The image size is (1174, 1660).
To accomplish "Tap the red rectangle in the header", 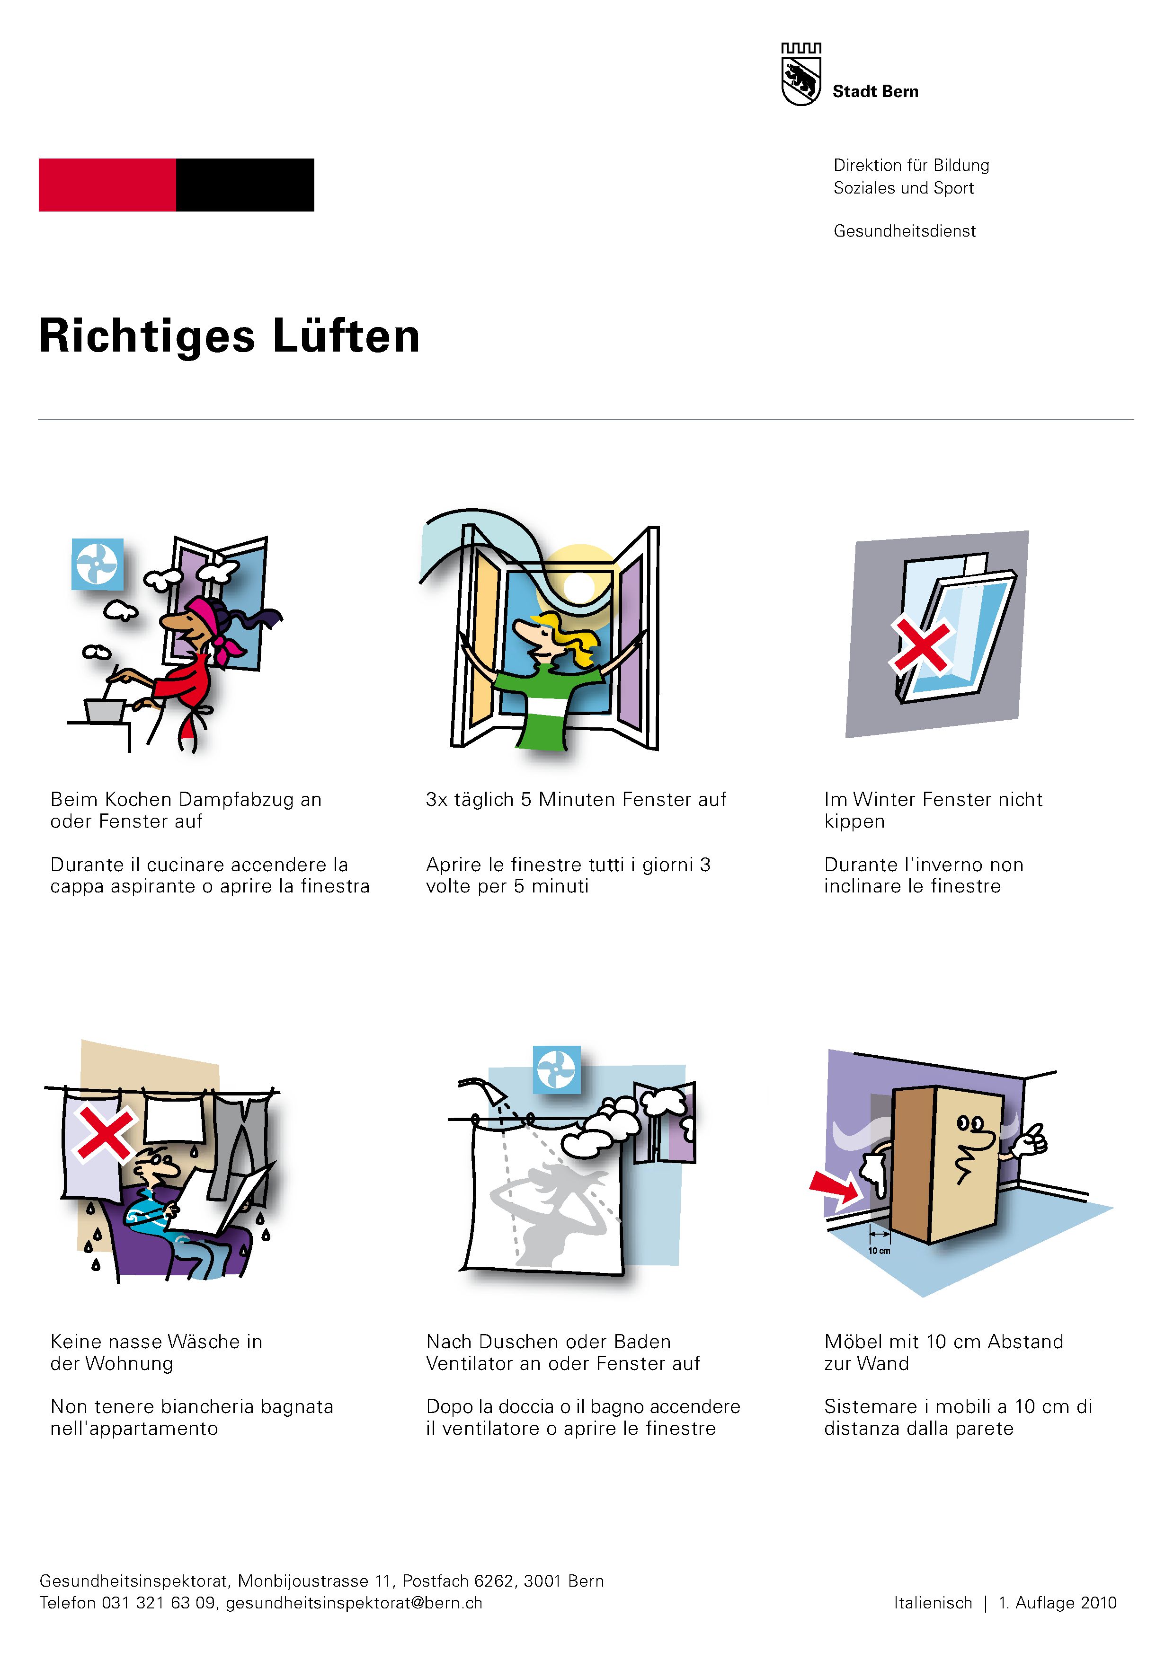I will pyautogui.click(x=107, y=185).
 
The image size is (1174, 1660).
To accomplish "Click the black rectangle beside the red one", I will pyautogui.click(x=245, y=185).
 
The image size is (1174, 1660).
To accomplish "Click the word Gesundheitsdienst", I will pyautogui.click(x=904, y=231).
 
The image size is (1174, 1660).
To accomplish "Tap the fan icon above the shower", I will pyautogui.click(x=556, y=1069).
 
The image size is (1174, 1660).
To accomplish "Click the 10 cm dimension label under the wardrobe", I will pyautogui.click(x=879, y=1251).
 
